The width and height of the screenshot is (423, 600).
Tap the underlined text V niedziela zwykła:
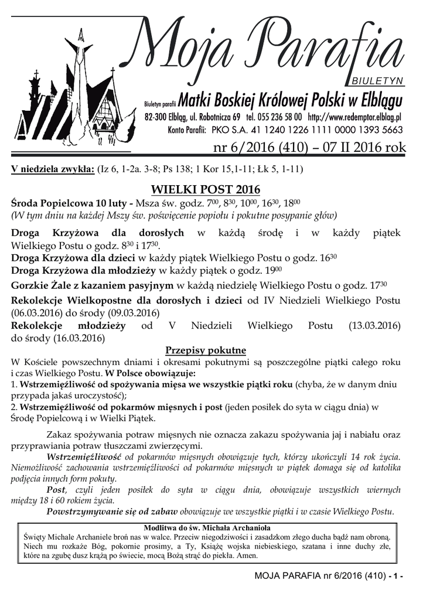point(53,169)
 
